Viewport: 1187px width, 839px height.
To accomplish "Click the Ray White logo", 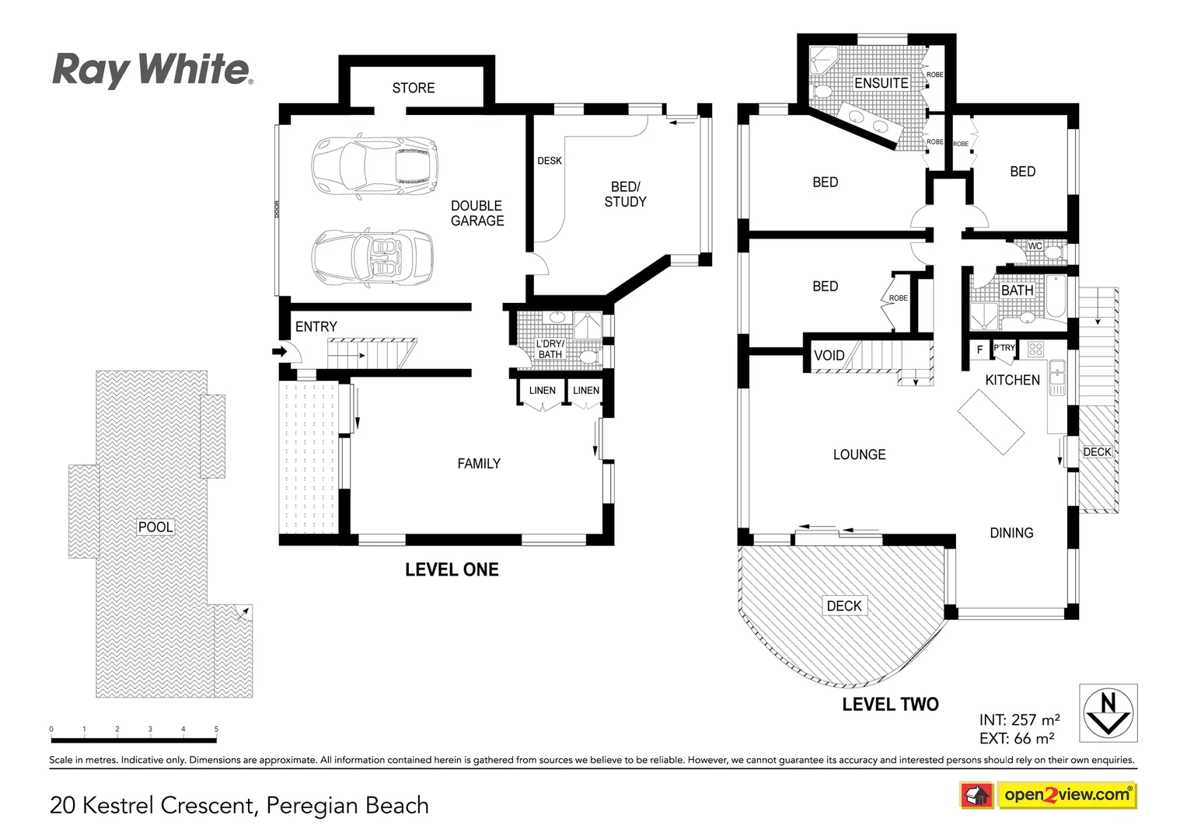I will click(152, 70).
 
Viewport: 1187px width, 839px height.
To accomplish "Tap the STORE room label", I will click(413, 88).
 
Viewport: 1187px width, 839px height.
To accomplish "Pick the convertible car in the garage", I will click(372, 256).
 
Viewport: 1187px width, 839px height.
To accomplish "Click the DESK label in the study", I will click(549, 161).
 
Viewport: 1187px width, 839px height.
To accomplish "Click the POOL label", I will click(155, 527).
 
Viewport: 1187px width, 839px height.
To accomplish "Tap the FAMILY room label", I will click(478, 464).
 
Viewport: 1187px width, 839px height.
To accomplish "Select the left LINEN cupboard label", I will click(542, 391).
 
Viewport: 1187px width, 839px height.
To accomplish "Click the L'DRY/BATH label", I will click(550, 349).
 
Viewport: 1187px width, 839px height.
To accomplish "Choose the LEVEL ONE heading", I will click(452, 569).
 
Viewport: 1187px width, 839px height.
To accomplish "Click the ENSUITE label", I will click(881, 83).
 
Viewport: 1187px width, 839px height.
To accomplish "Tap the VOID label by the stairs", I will click(829, 356).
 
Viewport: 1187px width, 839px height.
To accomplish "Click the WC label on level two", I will click(1035, 246).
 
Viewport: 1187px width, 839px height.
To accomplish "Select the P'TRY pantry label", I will click(1004, 348).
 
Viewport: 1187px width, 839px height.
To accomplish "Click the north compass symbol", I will click(1108, 712).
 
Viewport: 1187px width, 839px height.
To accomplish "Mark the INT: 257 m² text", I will click(1019, 720).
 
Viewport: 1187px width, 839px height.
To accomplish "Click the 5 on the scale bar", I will click(216, 729).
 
